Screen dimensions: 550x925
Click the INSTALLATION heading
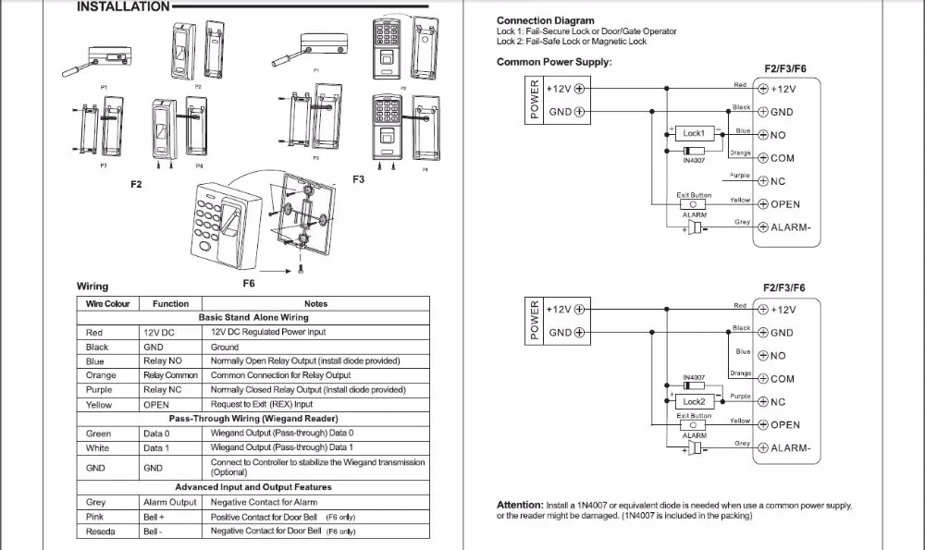[x=122, y=6]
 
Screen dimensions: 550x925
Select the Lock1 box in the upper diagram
[x=693, y=134]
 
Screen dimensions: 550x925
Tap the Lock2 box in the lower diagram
[x=694, y=402]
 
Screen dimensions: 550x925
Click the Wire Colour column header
[x=108, y=303]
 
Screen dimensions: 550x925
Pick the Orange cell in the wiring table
[x=101, y=375]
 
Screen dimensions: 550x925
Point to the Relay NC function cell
[x=163, y=390]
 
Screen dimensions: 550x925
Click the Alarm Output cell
[x=170, y=502]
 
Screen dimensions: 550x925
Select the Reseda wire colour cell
[x=101, y=532]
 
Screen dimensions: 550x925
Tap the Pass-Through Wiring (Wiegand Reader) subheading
[x=252, y=419]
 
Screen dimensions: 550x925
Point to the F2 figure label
[x=136, y=185]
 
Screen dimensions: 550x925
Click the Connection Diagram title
[x=545, y=20]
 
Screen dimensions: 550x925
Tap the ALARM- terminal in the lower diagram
[x=790, y=447]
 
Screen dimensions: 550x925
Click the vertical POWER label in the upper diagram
[x=534, y=99]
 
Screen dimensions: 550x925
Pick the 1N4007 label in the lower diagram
[x=694, y=377]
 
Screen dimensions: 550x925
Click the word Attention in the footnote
[x=520, y=505]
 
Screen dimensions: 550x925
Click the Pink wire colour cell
[x=96, y=517]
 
